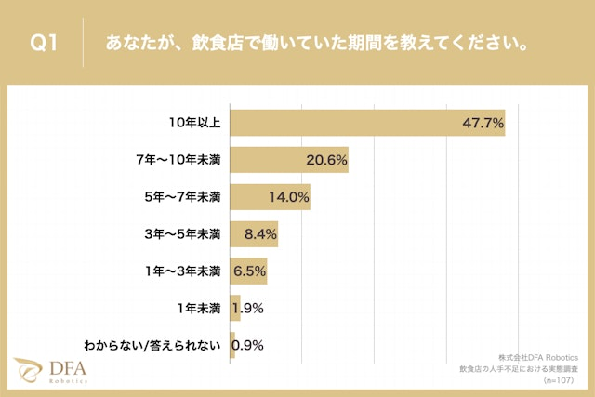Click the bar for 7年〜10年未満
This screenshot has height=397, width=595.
click(288, 160)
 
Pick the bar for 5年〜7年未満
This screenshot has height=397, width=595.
click(270, 197)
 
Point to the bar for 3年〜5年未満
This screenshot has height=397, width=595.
click(253, 234)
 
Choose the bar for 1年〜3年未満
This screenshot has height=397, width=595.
click(248, 271)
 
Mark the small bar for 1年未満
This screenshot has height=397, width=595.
click(235, 309)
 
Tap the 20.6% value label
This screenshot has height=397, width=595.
click(326, 160)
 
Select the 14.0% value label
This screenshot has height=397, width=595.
click(288, 197)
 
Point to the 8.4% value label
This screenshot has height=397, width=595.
click(256, 234)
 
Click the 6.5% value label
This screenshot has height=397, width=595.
click(249, 271)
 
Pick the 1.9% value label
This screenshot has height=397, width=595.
click(249, 309)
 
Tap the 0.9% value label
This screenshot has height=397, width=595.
click(248, 345)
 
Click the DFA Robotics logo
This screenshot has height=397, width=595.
click(50, 370)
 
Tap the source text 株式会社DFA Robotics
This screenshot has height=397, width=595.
click(537, 357)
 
